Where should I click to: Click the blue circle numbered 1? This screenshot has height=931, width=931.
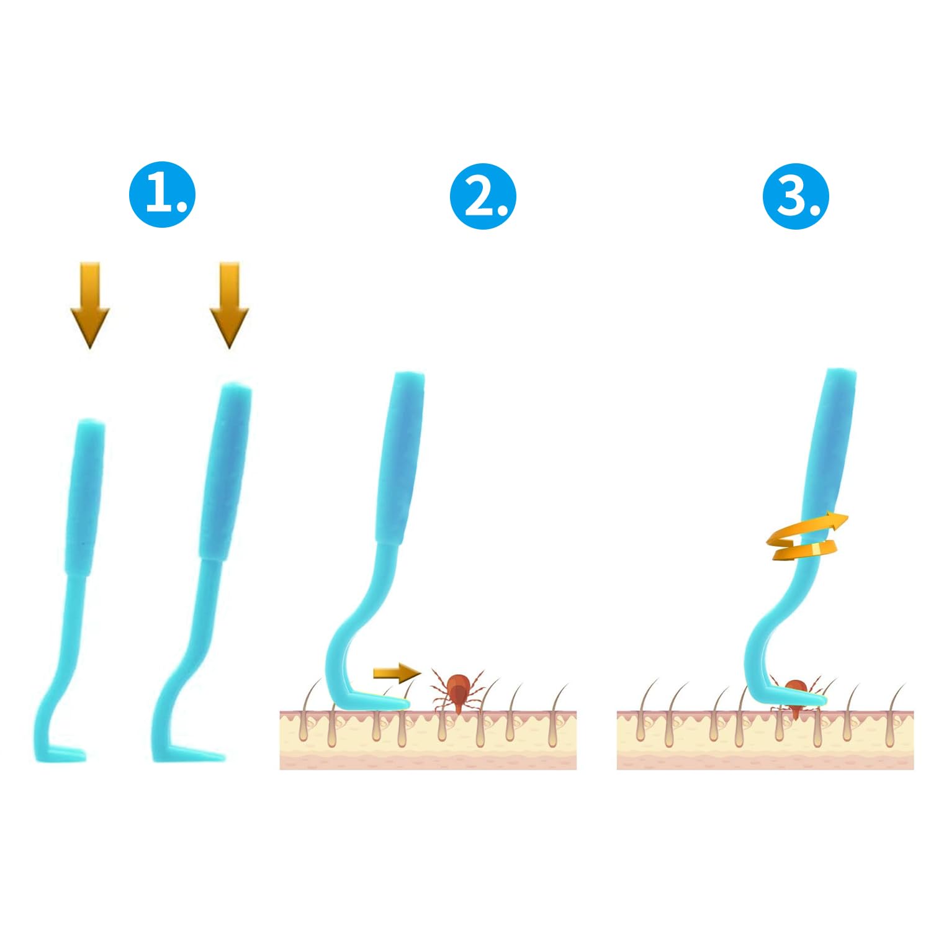(163, 194)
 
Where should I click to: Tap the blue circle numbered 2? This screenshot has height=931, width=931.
(483, 196)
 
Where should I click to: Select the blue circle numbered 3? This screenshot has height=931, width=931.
(796, 196)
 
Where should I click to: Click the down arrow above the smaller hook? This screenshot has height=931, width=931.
(90, 305)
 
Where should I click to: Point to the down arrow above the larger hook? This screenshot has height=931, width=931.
(230, 305)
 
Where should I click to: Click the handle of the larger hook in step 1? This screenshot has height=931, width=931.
(225, 472)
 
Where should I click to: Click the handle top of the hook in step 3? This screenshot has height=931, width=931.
(841, 374)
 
